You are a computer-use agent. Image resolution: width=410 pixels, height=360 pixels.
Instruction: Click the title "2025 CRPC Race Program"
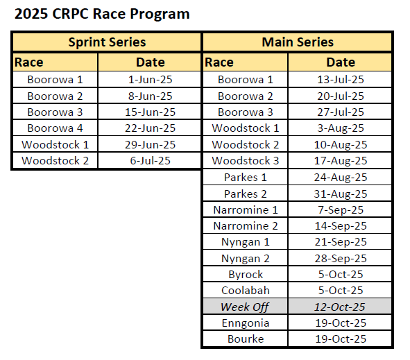tap(102, 14)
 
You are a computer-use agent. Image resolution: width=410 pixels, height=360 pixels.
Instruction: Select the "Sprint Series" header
tap(107, 42)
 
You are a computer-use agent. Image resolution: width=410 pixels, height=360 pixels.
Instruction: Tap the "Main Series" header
tap(298, 42)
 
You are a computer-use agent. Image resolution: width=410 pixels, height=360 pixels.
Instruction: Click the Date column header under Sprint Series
tap(151, 62)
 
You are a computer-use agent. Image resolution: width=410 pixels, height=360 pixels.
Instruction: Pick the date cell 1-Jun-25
tap(150, 80)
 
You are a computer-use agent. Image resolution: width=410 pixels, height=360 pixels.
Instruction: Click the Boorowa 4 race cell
tap(55, 128)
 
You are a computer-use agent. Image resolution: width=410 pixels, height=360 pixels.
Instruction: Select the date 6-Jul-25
tap(150, 160)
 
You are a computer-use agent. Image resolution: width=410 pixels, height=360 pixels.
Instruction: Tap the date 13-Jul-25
tap(341, 80)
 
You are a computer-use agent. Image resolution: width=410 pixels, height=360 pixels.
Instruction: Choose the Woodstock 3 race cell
tap(246, 160)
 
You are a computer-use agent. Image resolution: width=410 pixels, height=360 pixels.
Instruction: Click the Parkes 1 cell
tap(246, 178)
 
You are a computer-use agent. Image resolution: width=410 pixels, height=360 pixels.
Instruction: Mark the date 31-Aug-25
tap(341, 194)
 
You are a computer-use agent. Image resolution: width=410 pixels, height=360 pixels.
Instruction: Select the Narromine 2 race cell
tap(246, 226)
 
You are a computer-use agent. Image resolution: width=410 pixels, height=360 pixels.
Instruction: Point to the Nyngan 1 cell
tap(246, 242)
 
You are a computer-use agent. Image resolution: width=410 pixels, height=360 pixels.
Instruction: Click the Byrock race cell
tap(246, 275)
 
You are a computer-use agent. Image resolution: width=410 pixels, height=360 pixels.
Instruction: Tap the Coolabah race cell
tap(246, 291)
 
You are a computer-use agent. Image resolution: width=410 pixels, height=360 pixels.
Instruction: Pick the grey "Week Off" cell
tap(245, 307)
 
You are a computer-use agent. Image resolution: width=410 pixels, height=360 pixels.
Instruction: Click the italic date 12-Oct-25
tap(339, 307)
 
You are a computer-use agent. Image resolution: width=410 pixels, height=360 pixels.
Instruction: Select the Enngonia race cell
tap(246, 323)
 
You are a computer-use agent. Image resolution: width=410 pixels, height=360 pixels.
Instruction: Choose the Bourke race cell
tap(246, 339)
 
